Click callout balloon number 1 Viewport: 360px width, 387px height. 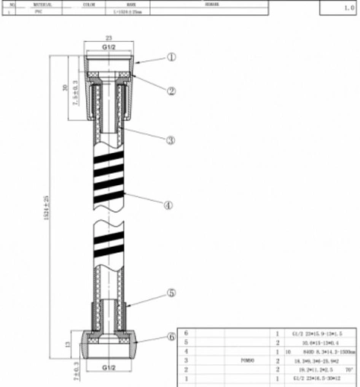172,56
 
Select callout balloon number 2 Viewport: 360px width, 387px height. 172,90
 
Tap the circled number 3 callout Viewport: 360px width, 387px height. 172,139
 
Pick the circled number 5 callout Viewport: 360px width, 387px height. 172,292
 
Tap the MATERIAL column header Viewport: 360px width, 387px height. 42,4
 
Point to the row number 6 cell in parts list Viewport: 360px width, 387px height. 186,333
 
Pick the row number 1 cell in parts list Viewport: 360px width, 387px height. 186,378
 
